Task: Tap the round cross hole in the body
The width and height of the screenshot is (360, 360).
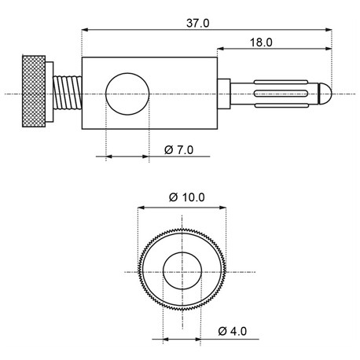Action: [127, 94]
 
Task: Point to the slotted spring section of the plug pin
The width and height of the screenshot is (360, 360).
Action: [277, 94]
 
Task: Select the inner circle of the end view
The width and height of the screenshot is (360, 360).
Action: [182, 271]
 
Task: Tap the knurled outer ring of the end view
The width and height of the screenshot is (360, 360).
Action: [143, 271]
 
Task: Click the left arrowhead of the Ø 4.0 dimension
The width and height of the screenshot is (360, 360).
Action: [167, 340]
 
